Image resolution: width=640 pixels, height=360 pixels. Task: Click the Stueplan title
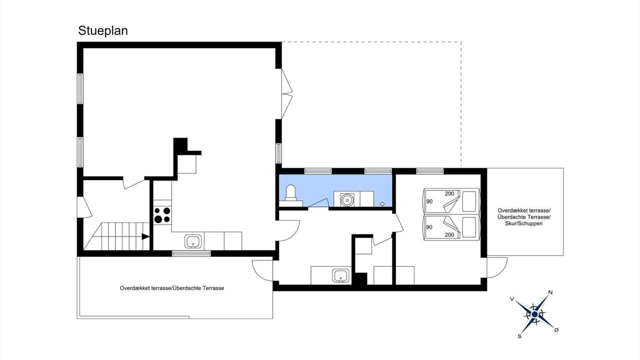click(103, 31)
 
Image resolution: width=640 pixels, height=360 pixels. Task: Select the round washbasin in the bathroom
click(347, 199)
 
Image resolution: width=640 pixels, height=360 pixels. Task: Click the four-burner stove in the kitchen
click(162, 215)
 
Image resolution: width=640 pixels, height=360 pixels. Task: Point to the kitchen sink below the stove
click(193, 241)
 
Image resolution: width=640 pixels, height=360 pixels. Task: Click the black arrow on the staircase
click(145, 236)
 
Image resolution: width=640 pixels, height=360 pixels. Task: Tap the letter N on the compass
click(550, 292)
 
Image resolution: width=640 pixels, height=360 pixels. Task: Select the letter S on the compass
click(519, 336)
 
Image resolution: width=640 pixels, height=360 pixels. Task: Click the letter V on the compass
click(512, 299)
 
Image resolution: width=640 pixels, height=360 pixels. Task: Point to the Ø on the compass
click(556, 330)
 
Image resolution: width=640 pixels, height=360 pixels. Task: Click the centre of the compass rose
click(534, 314)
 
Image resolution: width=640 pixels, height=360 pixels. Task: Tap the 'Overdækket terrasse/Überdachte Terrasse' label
click(171, 288)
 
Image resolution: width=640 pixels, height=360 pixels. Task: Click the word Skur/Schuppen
click(523, 223)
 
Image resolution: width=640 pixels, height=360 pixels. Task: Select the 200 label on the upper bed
click(449, 193)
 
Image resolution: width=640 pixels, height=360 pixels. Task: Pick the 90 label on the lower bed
click(429, 227)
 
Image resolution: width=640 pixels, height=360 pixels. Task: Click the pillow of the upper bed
click(469, 201)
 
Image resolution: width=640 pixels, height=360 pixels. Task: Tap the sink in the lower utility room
click(340, 275)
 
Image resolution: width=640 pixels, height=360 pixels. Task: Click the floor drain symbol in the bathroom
click(382, 204)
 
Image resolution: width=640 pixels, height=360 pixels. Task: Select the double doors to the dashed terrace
click(287, 93)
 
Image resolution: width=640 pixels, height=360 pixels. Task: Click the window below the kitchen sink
click(191, 253)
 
